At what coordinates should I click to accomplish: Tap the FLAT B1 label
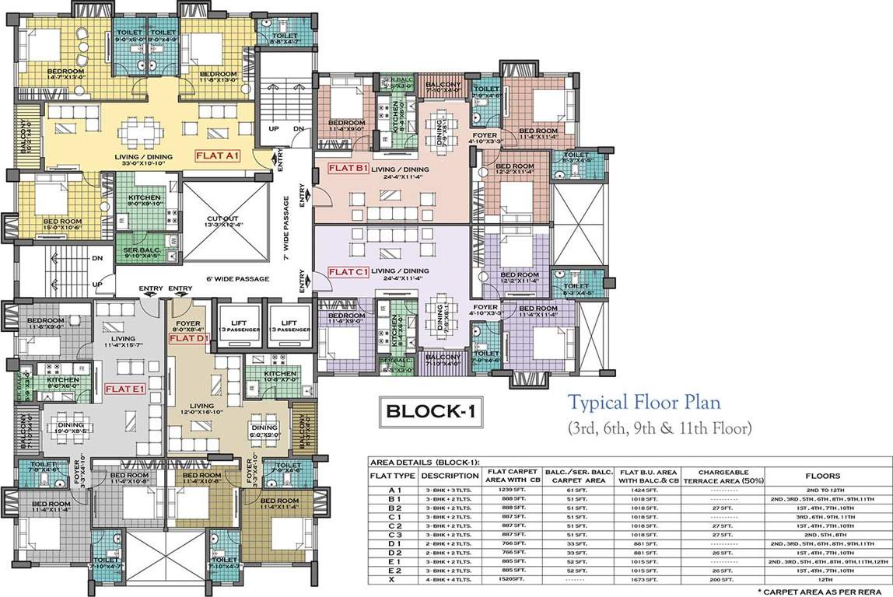click(x=348, y=169)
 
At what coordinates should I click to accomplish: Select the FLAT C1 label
click(x=348, y=272)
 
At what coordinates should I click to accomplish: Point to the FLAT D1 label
click(x=187, y=339)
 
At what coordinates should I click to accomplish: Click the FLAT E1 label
click(x=125, y=389)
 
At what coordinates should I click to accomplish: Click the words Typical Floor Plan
click(x=643, y=403)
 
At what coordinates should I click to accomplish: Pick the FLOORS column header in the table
click(x=828, y=475)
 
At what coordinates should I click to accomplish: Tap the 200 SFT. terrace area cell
click(x=723, y=579)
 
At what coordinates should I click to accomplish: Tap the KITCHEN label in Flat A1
click(x=145, y=198)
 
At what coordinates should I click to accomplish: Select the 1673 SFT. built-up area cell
click(x=649, y=579)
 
